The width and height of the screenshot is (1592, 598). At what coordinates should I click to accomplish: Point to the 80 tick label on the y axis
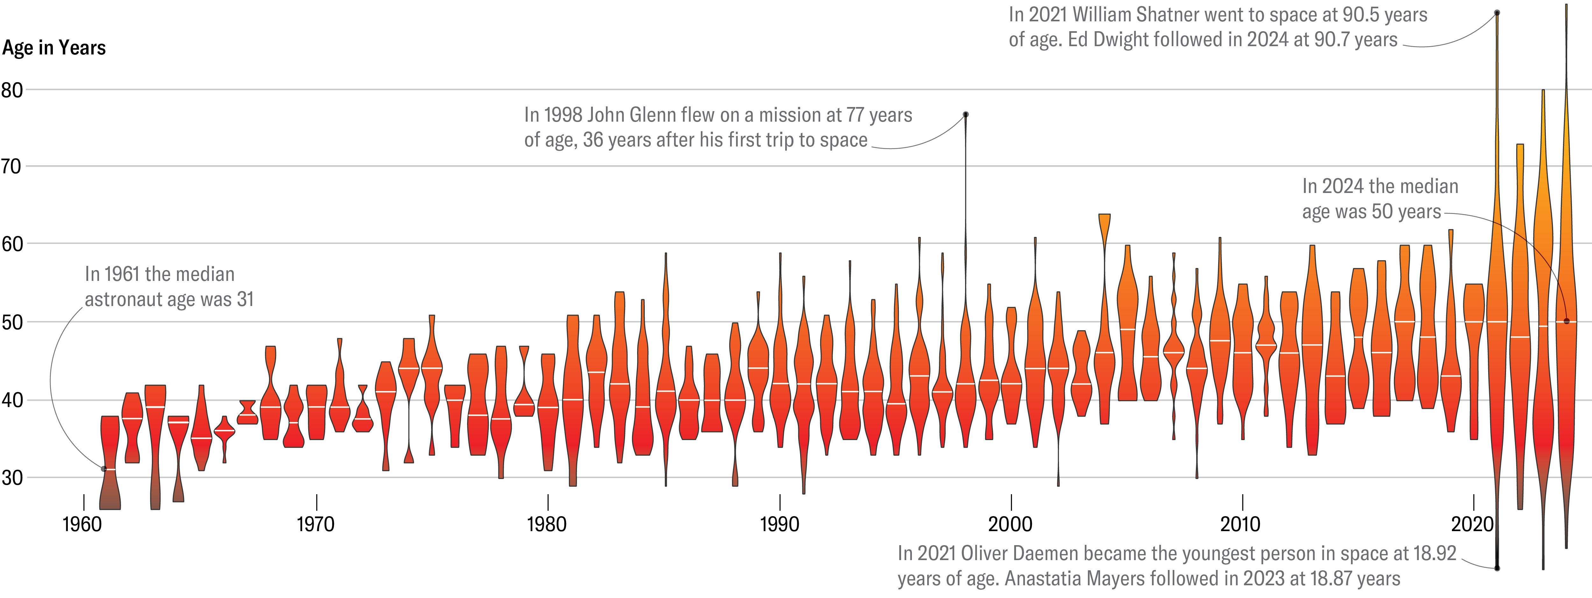12,90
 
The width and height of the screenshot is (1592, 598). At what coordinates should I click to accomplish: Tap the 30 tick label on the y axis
12,478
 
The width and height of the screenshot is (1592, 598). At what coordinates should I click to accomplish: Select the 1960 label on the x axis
82,524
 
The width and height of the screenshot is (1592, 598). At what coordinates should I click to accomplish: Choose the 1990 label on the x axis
779,524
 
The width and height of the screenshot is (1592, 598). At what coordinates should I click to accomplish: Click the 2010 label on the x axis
1240,524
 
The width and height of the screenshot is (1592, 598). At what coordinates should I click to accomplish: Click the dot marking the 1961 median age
104,469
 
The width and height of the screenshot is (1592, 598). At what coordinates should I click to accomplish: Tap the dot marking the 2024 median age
1566,321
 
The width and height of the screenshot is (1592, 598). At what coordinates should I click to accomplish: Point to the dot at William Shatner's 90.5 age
1497,12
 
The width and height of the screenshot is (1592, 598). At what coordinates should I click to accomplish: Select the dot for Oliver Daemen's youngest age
1497,568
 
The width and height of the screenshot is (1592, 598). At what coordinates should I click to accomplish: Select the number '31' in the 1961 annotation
245,299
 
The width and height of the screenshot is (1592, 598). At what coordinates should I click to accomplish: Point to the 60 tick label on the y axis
12,244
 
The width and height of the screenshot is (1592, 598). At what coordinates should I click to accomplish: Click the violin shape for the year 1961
110,463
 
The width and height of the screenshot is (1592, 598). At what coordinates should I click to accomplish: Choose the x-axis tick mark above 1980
548,502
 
